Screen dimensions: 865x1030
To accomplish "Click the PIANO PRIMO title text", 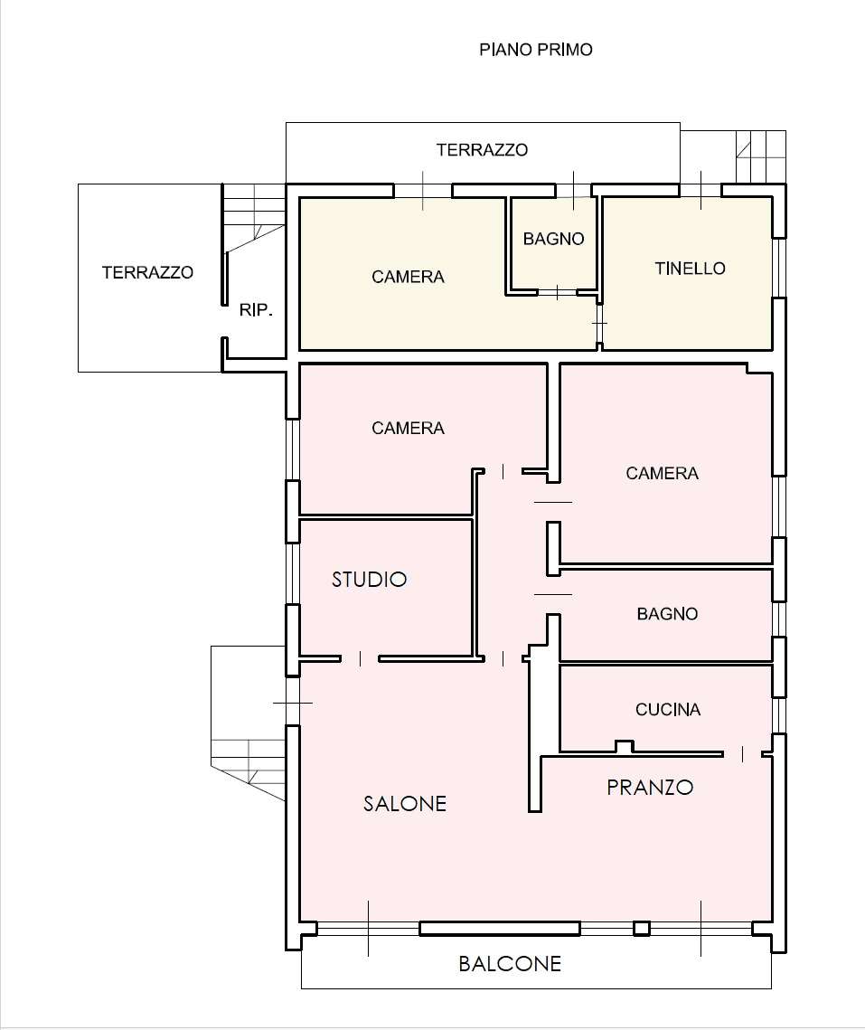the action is click(x=536, y=50).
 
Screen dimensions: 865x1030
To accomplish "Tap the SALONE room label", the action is click(x=405, y=803).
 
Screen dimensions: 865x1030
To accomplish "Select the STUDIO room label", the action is click(x=369, y=580).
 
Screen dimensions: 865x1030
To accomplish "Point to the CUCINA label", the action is click(x=668, y=710).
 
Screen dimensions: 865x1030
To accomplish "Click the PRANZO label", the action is click(x=650, y=787).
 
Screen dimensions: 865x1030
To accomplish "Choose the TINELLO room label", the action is click(x=691, y=268).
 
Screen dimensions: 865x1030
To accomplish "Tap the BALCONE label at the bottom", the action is click(x=510, y=964).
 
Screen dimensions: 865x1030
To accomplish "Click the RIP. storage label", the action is click(x=256, y=310).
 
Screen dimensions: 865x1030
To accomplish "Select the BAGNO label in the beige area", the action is click(x=554, y=239).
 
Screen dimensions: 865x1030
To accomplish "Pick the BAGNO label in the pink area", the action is click(x=667, y=613).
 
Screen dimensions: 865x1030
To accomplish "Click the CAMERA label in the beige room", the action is click(x=408, y=278).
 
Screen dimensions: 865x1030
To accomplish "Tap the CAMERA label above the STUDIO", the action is click(x=408, y=429).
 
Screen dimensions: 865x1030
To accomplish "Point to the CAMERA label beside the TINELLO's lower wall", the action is click(x=662, y=473).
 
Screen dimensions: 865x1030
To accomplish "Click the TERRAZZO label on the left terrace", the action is click(x=147, y=272).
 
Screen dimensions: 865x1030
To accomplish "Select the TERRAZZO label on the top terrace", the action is click(x=482, y=150).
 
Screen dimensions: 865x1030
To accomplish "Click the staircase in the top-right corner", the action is click(x=760, y=157).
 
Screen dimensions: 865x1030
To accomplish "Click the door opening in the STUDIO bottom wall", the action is click(x=360, y=658).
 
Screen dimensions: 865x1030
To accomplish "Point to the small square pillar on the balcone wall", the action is click(x=642, y=929).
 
